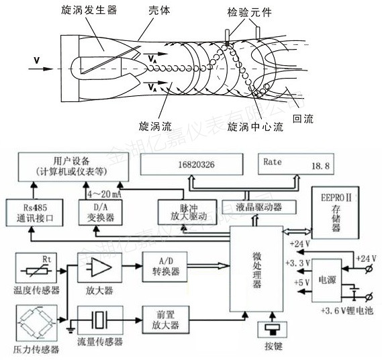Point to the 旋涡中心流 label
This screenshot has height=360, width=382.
click(254, 126)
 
